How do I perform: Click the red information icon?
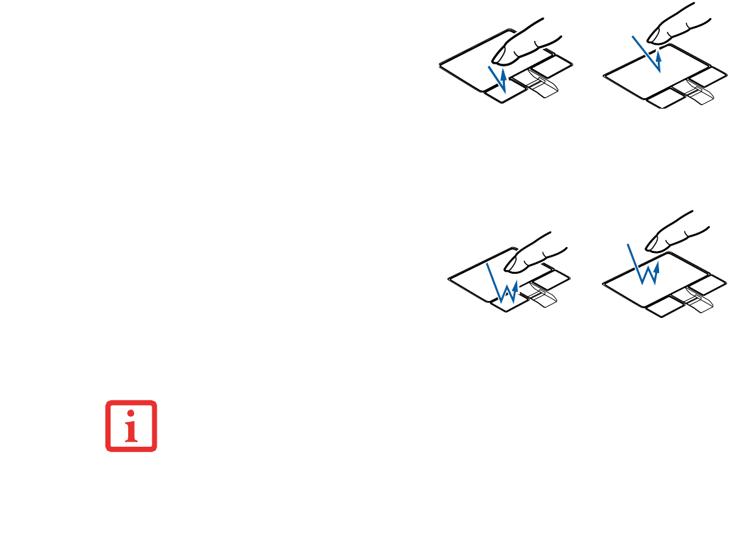131,426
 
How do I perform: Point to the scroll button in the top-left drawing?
539,84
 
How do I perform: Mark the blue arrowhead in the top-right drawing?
660,57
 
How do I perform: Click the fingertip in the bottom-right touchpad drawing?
653,244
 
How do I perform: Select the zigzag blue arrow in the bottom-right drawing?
643,267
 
